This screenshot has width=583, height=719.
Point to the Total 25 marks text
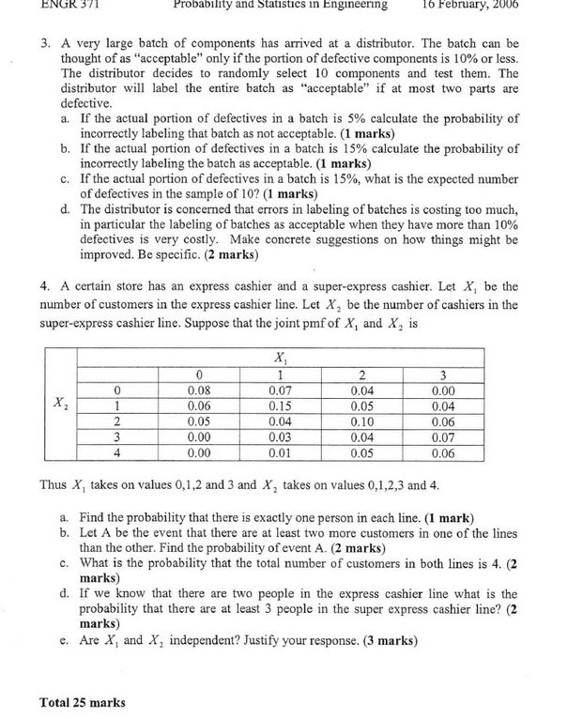click(x=83, y=701)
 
